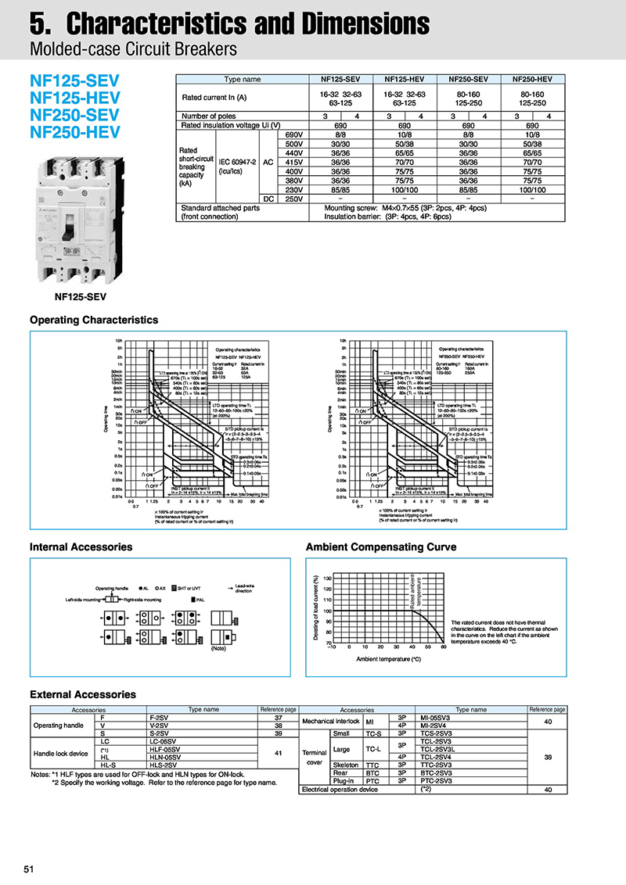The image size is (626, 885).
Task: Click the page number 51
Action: pos(29,869)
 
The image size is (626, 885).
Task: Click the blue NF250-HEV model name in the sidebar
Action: pos(75,131)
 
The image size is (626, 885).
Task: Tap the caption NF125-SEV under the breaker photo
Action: pos(80,296)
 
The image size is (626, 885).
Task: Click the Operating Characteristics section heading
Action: pos(93,320)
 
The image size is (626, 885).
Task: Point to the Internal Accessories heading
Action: pos(81,546)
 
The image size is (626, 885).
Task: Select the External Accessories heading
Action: pos(82,694)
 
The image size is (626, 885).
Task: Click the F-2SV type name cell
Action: pos(159,717)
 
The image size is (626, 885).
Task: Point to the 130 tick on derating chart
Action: pos(327,579)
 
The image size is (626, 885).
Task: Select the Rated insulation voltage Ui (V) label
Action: pos(230,125)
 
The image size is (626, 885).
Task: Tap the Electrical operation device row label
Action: pos(339,789)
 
